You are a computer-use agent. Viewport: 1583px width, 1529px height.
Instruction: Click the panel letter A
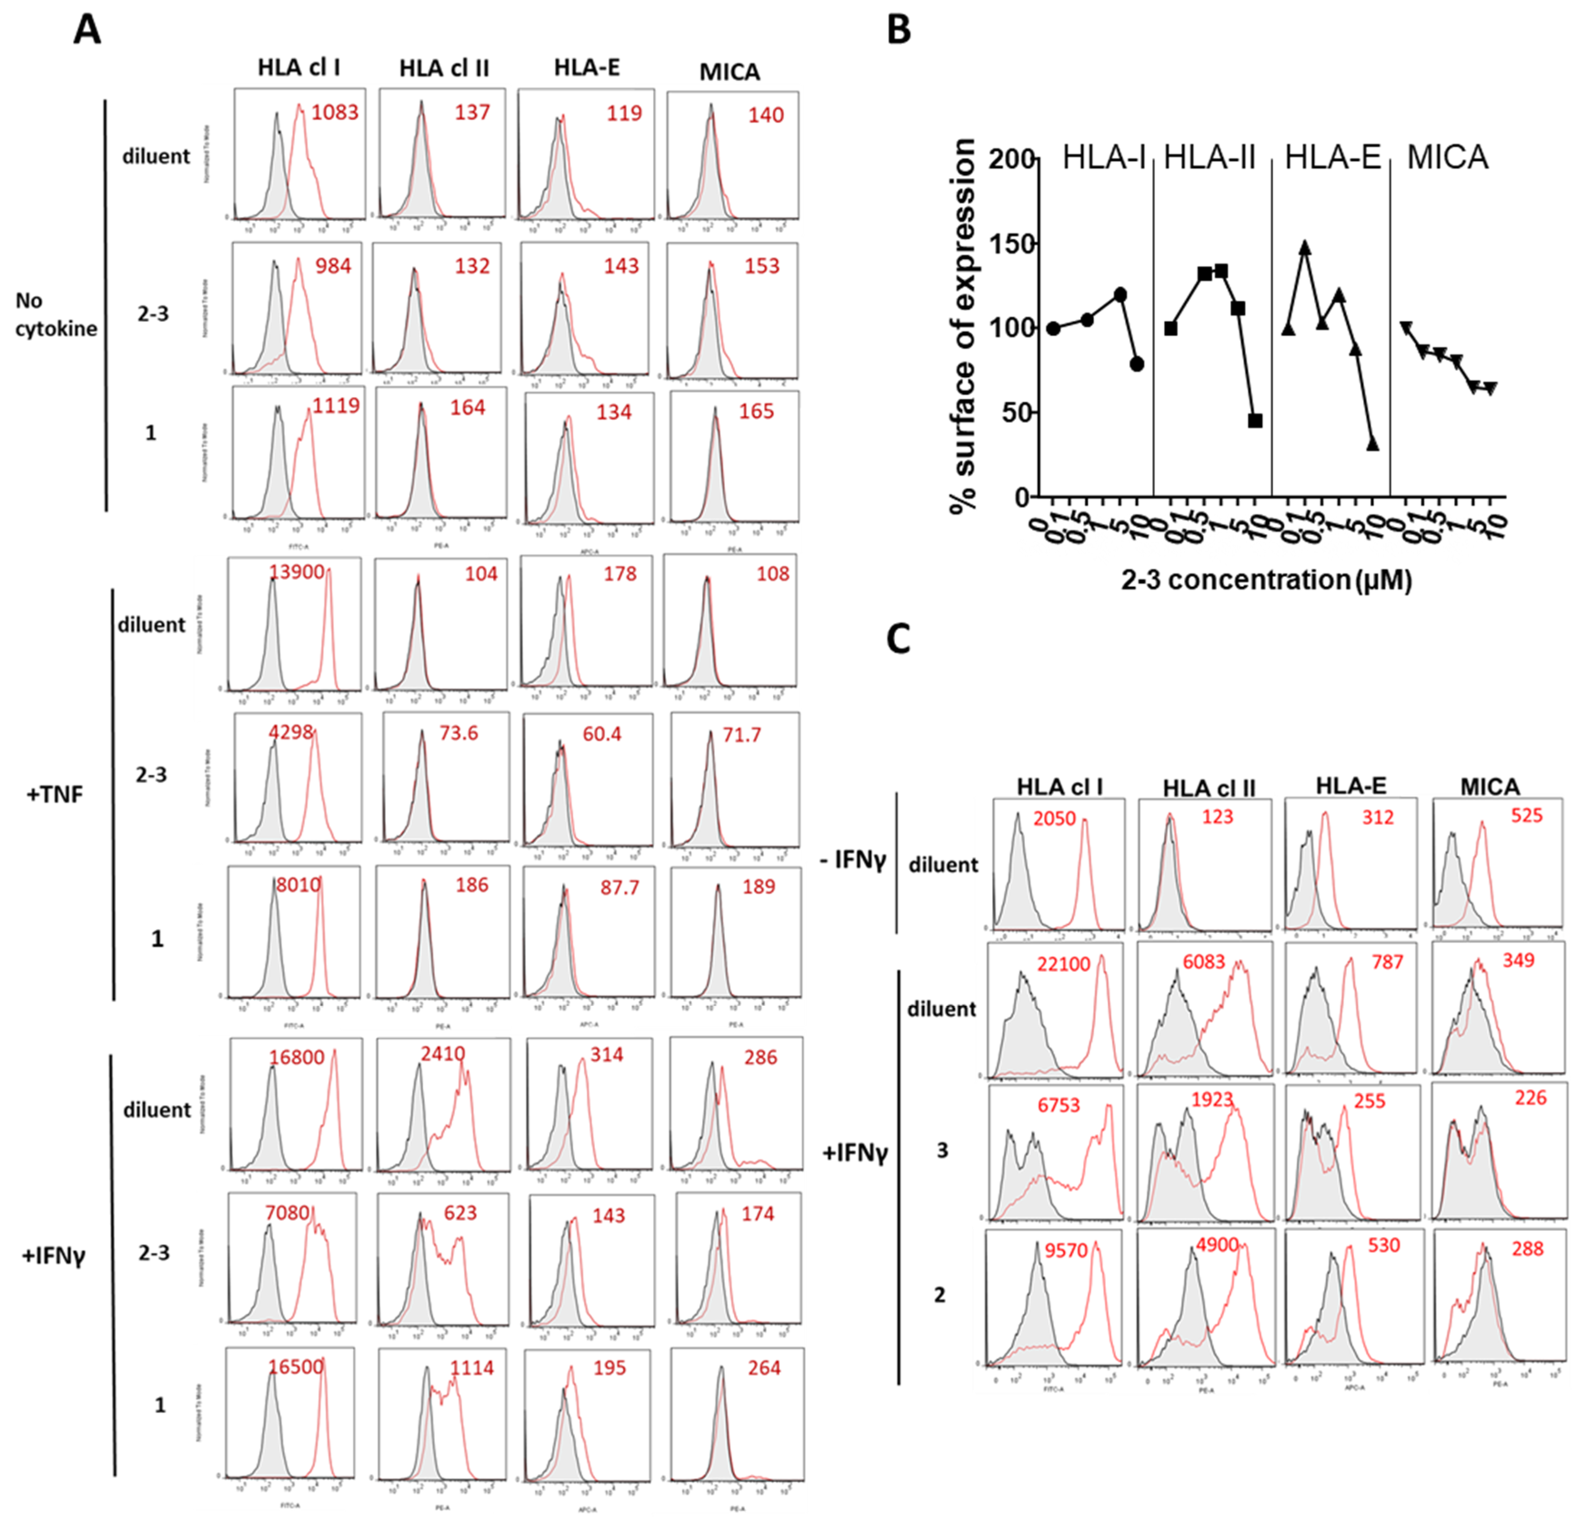[87, 31]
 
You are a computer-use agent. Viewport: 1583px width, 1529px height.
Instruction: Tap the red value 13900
[296, 573]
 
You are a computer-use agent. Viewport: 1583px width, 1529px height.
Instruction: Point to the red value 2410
[443, 1054]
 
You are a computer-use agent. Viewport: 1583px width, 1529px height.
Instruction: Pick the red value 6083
[1203, 962]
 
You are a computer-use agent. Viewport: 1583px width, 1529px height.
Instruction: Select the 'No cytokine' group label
[55, 315]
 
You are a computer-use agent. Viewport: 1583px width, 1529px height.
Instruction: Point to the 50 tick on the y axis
[1019, 413]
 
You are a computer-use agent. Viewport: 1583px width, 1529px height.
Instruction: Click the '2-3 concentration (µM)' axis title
[1266, 580]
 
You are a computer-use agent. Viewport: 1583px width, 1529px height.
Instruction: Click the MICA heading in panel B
[1447, 157]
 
